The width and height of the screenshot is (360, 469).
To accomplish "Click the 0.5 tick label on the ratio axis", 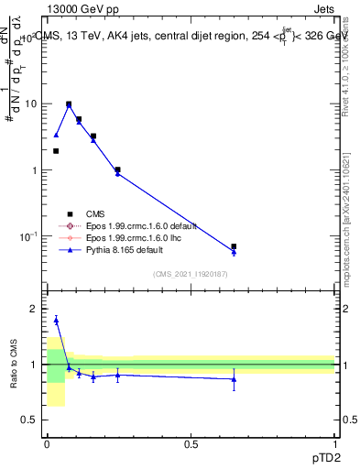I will coord(30,420).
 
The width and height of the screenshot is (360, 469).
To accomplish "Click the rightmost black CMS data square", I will coord(234,246).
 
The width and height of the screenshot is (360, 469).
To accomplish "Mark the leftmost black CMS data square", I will coord(56,151).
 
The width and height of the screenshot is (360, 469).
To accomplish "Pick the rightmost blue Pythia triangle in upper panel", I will coord(234,252).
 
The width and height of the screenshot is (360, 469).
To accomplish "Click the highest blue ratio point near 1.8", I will coord(56,320).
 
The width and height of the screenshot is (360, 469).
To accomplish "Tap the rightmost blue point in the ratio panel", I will coord(234,378).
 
